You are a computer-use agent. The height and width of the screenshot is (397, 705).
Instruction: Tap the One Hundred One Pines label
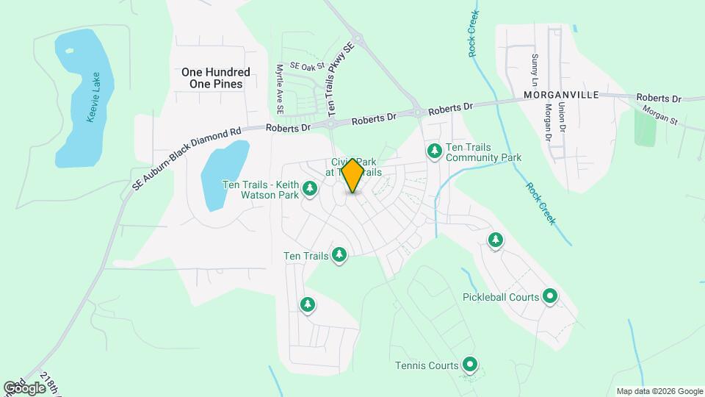[216, 78]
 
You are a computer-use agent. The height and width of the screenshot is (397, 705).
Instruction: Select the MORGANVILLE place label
[562, 96]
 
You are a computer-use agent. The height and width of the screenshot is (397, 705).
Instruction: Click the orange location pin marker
[353, 175]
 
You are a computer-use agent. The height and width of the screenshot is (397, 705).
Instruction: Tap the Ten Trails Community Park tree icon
[435, 151]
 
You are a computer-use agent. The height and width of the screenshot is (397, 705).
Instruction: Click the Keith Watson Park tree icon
[310, 189]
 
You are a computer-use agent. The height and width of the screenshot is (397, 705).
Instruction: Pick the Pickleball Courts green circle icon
[550, 297]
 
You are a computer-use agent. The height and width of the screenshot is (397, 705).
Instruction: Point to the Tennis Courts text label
[427, 365]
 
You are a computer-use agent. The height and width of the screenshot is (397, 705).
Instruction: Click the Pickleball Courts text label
[502, 297]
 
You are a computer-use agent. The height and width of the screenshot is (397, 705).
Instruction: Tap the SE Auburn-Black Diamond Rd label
[187, 157]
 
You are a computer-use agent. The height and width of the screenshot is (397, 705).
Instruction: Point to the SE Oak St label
[307, 66]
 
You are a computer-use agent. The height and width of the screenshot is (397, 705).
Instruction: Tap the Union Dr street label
[562, 117]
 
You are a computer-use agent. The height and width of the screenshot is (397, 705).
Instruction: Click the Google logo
[24, 387]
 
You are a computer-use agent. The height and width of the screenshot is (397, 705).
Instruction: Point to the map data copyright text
[659, 391]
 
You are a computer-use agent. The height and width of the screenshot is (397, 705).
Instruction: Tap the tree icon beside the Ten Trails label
[339, 255]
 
